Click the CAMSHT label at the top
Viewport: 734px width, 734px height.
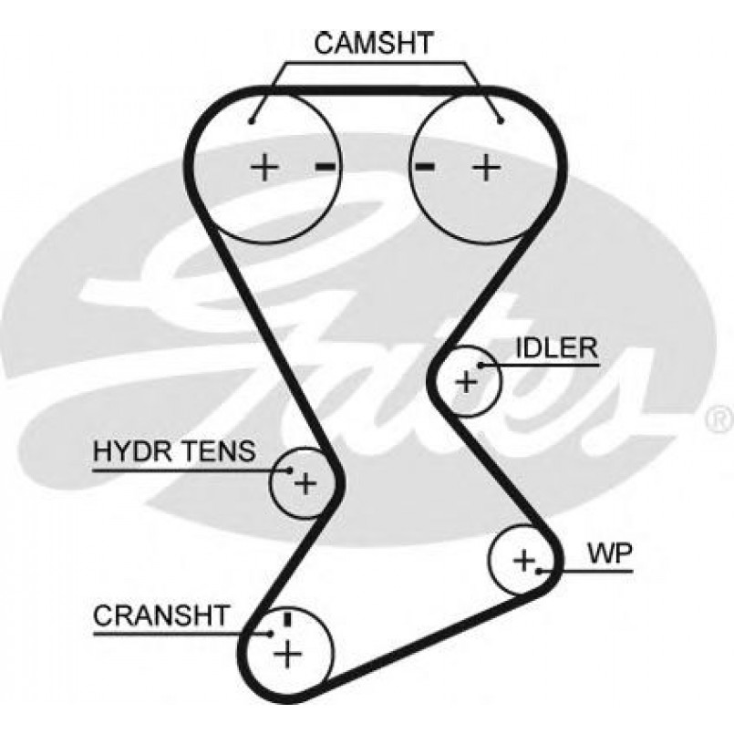tap(375, 42)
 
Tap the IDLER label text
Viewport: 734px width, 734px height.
tap(556, 348)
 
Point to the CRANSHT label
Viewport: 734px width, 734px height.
tap(161, 615)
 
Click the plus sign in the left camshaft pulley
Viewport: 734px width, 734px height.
tap(264, 167)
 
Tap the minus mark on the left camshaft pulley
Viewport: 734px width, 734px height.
tap(326, 166)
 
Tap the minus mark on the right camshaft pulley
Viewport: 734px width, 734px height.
tap(424, 166)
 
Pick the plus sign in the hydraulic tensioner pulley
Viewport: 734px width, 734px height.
tap(305, 482)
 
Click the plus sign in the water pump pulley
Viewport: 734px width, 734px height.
tap(522, 559)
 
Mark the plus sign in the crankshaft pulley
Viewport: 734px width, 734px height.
tap(288, 653)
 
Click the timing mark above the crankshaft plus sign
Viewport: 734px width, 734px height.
tap(287, 619)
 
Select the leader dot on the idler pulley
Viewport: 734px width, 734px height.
tap(481, 367)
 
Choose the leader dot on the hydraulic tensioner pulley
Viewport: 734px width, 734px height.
tap(290, 470)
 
